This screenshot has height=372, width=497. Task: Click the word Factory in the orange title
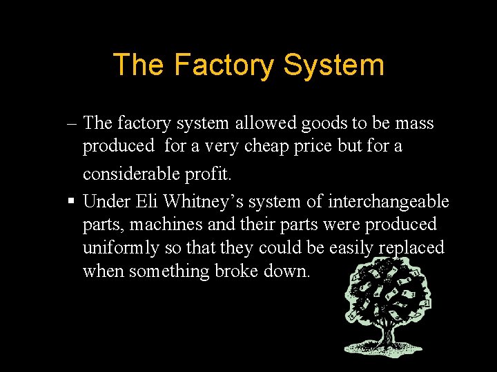(224, 65)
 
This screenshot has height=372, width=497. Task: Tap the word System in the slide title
(333, 65)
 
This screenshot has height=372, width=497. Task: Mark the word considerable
(128, 174)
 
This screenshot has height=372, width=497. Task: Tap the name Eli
(146, 202)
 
